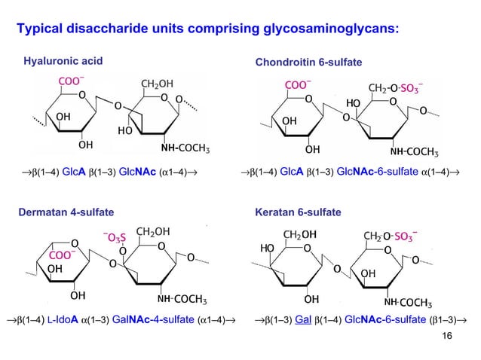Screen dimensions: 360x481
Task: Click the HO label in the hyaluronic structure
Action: point(126,129)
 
